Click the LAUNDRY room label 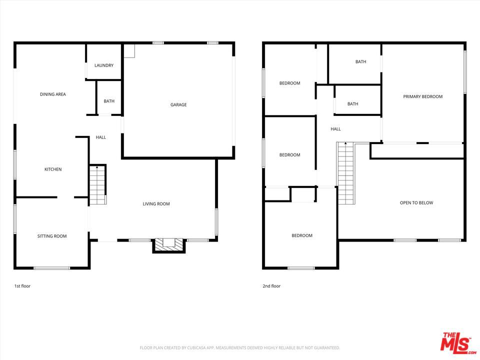point(104,65)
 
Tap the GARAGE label point(178,104)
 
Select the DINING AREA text point(53,94)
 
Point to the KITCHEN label point(53,169)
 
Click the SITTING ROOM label point(52,236)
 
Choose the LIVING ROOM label point(156,204)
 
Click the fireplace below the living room point(169,245)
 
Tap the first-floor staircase point(97,185)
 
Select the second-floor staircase point(345,173)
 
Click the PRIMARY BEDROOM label point(423,96)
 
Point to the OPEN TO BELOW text point(416,202)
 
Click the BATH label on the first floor point(109,101)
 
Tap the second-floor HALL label point(335,129)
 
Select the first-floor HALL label point(100,137)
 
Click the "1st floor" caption point(22,286)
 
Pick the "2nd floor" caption point(271,286)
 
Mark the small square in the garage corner point(129,51)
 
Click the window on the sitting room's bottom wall point(51,268)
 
